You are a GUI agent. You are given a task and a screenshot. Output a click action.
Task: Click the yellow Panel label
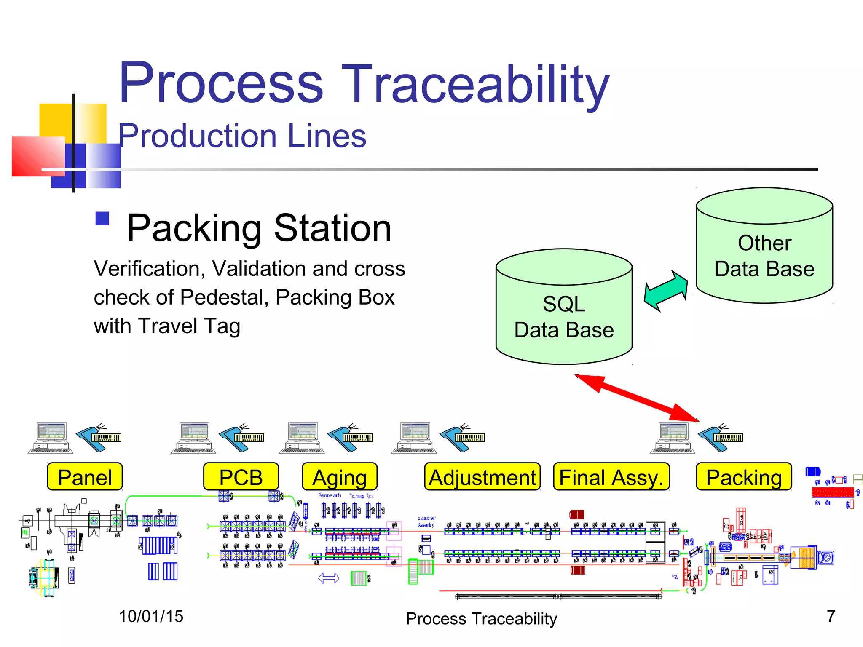point(85,477)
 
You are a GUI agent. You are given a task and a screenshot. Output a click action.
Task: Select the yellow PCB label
point(241,477)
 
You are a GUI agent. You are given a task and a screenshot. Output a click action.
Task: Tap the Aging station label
point(340,477)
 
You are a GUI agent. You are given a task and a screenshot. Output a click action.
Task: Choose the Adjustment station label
point(482,477)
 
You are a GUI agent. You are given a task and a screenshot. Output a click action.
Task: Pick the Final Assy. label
point(611,477)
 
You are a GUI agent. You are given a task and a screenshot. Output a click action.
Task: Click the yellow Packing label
point(744,477)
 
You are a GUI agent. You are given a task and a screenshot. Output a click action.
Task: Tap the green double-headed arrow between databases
point(666,291)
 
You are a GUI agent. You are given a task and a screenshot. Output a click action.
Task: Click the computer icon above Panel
point(51,438)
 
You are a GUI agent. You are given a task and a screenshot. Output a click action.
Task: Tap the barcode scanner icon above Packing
point(721,438)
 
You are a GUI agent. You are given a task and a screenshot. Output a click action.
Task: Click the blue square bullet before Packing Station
point(102,219)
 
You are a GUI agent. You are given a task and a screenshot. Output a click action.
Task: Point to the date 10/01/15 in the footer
point(151,617)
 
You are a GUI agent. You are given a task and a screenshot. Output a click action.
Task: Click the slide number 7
point(831,616)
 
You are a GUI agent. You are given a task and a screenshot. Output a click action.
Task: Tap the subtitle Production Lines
point(242,136)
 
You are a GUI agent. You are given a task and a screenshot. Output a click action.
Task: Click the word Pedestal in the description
point(225,297)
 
